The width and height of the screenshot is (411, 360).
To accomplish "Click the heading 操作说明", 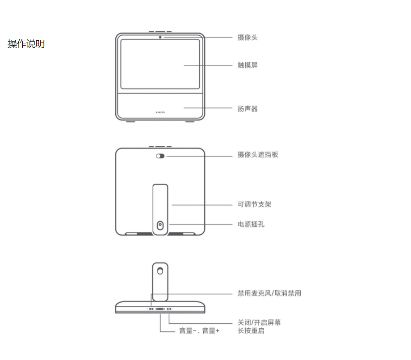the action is tap(26, 44).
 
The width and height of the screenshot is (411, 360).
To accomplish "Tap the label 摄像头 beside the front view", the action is tap(247, 38).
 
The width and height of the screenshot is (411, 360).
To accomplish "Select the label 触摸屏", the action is tap(247, 65).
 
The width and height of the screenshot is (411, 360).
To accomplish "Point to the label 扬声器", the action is tap(247, 109).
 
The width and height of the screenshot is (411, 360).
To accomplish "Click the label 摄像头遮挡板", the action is tap(258, 155).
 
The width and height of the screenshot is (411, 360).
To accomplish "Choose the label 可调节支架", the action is tap(254, 204).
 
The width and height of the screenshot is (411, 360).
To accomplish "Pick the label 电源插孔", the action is tap(251, 224).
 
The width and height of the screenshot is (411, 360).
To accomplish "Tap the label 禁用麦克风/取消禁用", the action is tap(269, 293).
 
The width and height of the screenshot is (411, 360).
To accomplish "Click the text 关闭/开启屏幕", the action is tap(259, 322).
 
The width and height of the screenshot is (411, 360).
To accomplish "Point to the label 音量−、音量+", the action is tap(199, 331).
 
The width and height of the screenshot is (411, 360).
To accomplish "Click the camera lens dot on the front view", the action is tap(160, 37).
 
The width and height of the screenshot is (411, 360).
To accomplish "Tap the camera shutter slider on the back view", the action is tap(160, 156).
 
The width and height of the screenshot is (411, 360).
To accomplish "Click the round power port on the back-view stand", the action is tap(160, 225).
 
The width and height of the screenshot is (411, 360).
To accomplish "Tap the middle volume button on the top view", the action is tap(160, 309).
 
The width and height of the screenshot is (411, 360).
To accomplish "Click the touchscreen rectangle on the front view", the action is tap(160, 63).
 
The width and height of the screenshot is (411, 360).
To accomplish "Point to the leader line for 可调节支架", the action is tap(201, 205).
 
